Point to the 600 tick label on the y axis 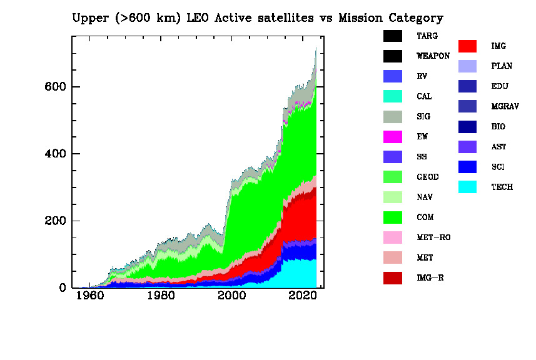56,87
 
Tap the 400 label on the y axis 56,154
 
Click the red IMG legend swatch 467,46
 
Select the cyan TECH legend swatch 467,187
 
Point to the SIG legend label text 423,117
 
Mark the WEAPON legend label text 433,56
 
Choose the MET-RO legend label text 433,237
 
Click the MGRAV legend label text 505,107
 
